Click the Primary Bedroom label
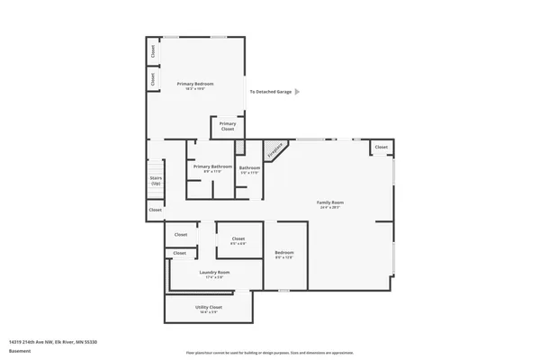[195, 84]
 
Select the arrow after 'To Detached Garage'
[298, 91]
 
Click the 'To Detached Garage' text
[270, 91]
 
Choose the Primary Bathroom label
[212, 166]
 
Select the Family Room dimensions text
[330, 208]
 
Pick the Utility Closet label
[209, 307]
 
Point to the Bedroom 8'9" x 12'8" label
[284, 252]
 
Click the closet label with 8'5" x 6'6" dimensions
[238, 238]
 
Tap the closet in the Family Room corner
[381, 147]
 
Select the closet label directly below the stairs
[155, 210]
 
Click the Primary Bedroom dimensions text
[195, 89]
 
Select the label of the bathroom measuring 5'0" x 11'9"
[249, 168]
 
